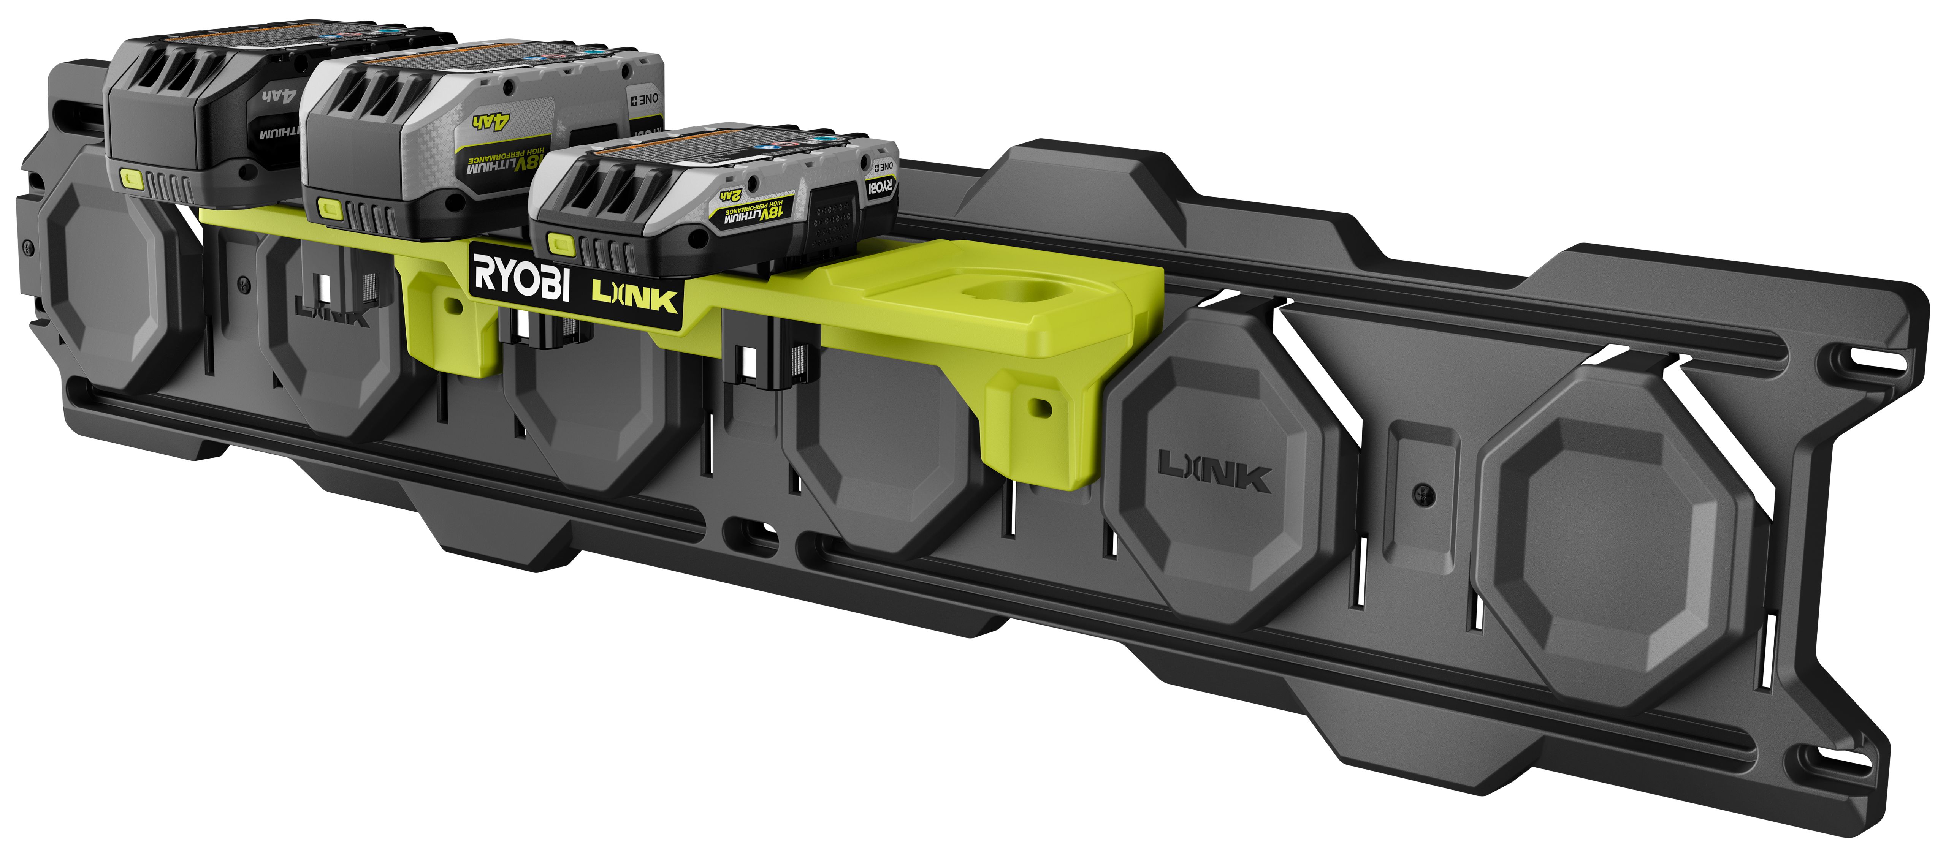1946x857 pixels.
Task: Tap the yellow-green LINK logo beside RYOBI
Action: pos(635,297)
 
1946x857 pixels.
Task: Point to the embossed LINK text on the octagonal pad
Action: pos(1215,471)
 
